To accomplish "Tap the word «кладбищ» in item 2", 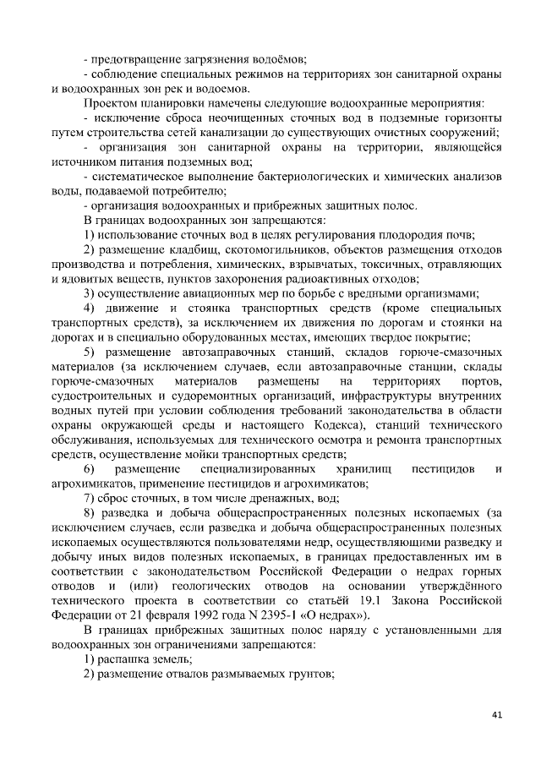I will [176, 249].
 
